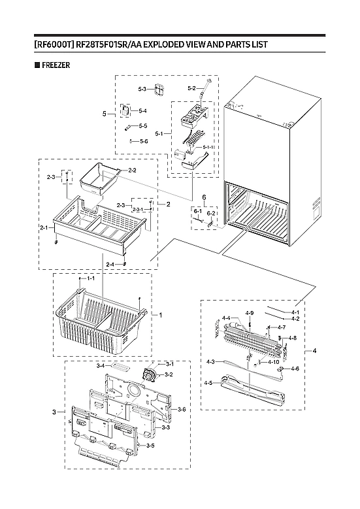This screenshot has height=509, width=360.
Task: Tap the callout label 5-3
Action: click(142, 88)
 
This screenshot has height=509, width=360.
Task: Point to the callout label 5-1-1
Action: click(209, 148)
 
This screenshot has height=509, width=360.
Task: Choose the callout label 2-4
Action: click(110, 264)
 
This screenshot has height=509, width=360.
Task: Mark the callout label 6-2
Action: click(211, 213)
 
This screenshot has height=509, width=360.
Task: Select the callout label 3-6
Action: click(182, 409)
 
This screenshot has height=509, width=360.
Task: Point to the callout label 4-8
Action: click(292, 338)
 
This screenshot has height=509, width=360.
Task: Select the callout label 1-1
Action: click(91, 278)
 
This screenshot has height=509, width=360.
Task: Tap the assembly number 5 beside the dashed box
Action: click(104, 113)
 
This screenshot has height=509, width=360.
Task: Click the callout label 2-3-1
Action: click(139, 210)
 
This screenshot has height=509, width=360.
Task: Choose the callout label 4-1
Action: click(295, 312)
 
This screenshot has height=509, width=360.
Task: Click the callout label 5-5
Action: click(142, 125)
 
